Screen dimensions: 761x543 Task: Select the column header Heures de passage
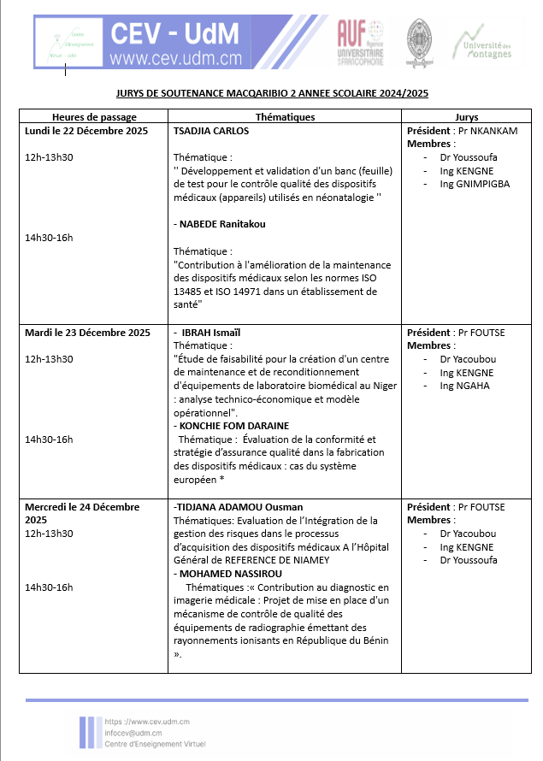tap(94, 117)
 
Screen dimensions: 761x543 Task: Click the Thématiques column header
tap(285, 117)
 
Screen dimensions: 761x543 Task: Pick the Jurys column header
tap(467, 117)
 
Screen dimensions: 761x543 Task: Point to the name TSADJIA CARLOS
tap(211, 131)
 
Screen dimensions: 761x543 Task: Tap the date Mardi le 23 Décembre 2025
tap(89, 332)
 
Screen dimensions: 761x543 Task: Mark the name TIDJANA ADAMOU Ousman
tap(239, 506)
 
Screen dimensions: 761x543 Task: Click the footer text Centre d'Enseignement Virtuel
tap(154, 744)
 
